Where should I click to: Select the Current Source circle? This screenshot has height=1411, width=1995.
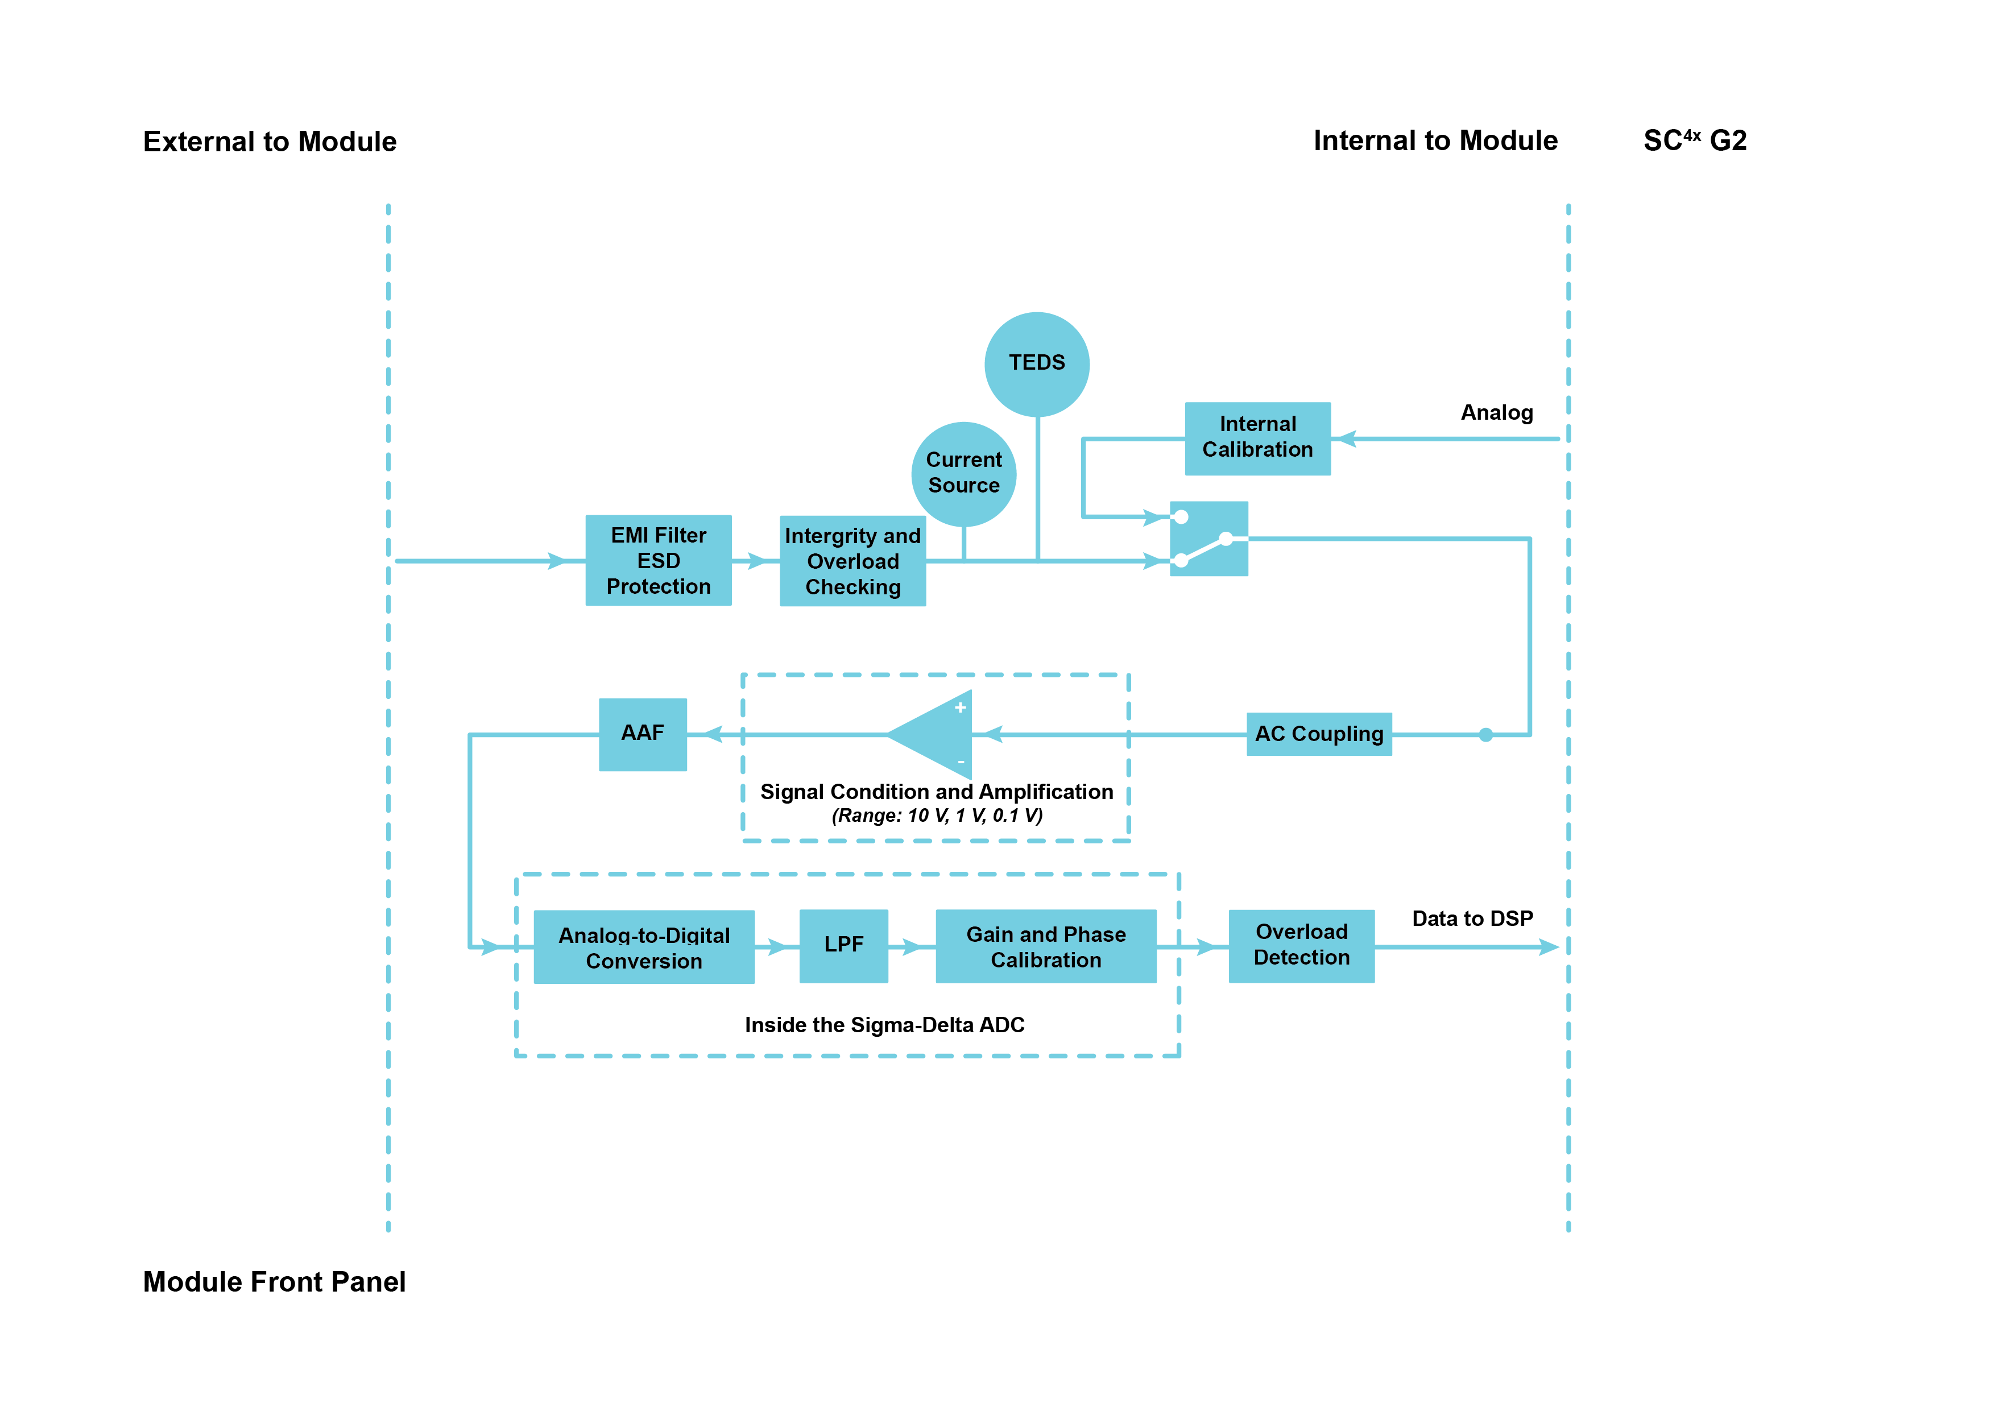coord(963,474)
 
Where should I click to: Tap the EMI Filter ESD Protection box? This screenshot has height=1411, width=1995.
coord(658,560)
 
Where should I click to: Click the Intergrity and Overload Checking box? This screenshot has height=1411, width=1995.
coord(852,561)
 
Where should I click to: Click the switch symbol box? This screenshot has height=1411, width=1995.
coord(1208,539)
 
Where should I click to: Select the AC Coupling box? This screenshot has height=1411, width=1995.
coord(1318,734)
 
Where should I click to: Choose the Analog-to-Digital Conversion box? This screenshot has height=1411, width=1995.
coord(643,947)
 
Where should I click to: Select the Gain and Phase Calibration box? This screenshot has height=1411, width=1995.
coord(1045,946)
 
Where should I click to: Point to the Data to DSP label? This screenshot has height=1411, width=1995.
coord(1471,918)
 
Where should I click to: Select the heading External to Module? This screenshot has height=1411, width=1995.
coord(270,142)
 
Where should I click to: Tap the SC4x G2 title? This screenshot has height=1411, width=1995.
coord(1694,140)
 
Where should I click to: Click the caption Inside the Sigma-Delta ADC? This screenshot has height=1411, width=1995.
coord(884,1025)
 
